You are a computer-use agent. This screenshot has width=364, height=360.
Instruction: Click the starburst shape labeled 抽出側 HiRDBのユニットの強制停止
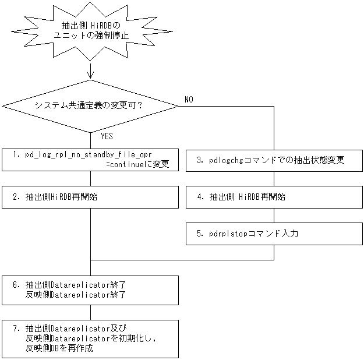(x=90, y=31)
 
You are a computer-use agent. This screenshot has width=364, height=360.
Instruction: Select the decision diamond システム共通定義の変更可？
(x=90, y=105)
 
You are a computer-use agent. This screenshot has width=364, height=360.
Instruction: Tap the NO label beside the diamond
(x=189, y=100)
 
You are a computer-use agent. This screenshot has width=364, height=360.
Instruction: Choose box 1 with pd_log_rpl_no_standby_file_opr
(x=90, y=159)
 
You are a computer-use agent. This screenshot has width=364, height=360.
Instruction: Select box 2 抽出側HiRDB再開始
(x=90, y=197)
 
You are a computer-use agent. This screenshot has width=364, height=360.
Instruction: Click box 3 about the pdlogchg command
(x=274, y=160)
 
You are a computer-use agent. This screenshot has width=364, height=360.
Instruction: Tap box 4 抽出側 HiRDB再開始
(x=274, y=197)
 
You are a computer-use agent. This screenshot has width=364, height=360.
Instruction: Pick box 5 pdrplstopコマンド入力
(x=274, y=234)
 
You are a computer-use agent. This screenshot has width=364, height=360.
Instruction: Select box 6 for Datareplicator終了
(x=90, y=290)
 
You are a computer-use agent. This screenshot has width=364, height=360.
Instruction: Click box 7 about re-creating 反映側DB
(x=90, y=338)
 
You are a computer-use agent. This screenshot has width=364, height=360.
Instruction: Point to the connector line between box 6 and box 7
(x=90, y=312)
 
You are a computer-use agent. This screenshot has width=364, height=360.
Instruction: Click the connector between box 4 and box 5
(x=274, y=215)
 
